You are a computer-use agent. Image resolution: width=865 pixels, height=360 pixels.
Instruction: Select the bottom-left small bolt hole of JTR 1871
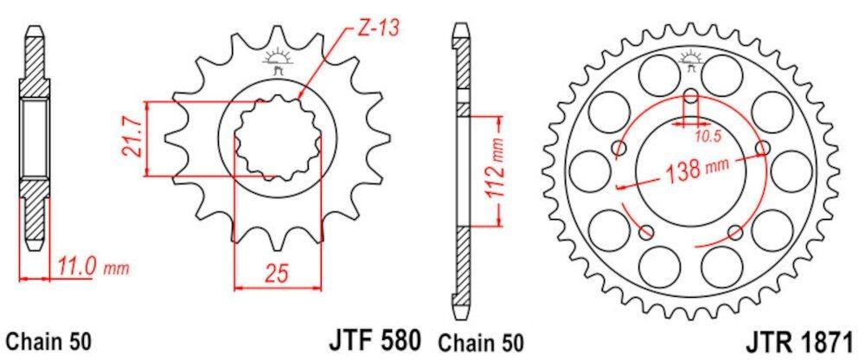pos(644,231)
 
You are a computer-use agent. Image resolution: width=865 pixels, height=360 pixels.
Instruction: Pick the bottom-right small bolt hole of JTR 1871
pos(735,231)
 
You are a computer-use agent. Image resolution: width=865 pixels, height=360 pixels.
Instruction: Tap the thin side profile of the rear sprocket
pos(461,173)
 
